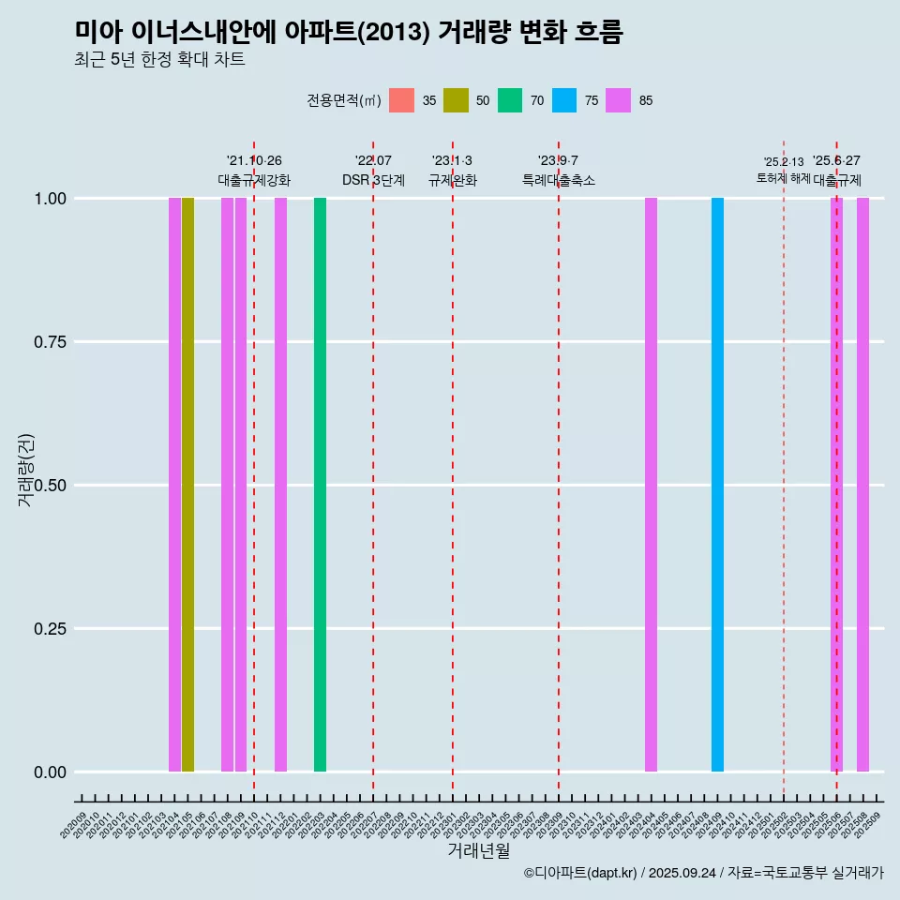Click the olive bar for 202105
pos(187,485)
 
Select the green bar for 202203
pos(320,485)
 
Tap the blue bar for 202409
pos(717,485)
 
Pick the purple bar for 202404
pos(651,485)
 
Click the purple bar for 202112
pos(280,485)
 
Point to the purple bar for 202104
pos(174,485)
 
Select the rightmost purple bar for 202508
pos(862,485)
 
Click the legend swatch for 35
pos(401,100)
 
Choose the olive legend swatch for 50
pos(456,100)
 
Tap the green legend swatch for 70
pos(510,100)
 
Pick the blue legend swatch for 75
pos(564,100)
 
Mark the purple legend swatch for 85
pos(619,100)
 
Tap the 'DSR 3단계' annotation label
pos(373,180)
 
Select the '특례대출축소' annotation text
pos(559,180)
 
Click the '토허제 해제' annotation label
pos(783,178)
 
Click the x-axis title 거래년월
pos(478,850)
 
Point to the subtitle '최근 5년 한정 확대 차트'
pos(159,60)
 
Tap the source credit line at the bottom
pos(703,873)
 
